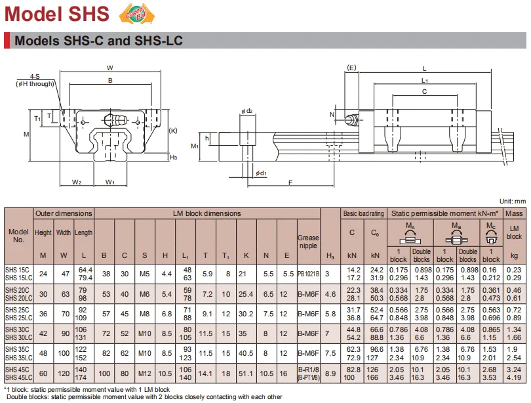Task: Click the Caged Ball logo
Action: coord(137,14)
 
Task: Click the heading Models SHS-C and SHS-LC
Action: coord(98,41)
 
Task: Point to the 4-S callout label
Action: coord(35,77)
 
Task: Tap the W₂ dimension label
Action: coord(77,182)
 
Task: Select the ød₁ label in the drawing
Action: coord(261,173)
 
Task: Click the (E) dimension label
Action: coord(351,68)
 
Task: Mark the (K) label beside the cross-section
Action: coord(172,131)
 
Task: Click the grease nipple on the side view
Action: coord(351,119)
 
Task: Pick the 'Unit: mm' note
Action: coord(513,201)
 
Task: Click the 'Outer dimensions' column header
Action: coord(64,213)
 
